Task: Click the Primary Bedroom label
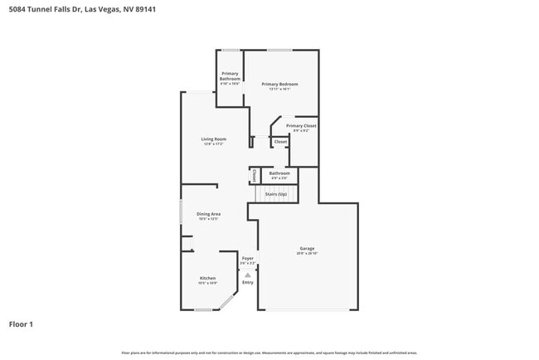tap(279, 84)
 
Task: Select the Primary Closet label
tap(301, 125)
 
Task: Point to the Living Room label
tap(213, 139)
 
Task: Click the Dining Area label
tap(208, 214)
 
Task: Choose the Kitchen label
tap(207, 278)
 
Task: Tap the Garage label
tap(307, 248)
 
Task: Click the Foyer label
tap(247, 258)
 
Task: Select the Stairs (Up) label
tap(275, 194)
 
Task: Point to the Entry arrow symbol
tap(247, 275)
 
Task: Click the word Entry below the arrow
tap(247, 283)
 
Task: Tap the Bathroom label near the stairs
tap(279, 173)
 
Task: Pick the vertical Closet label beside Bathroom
tap(254, 175)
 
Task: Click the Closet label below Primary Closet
tap(280, 142)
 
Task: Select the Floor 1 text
tap(22, 324)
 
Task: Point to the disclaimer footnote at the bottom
tap(269, 353)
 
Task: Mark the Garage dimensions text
tap(307, 253)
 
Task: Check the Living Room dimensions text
tap(213, 144)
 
